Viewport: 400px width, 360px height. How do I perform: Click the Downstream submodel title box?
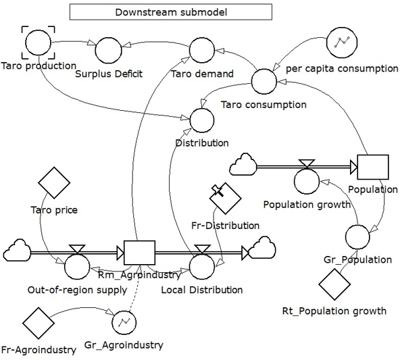171,11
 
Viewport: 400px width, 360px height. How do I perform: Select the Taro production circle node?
39,43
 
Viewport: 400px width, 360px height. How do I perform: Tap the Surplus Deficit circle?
108,50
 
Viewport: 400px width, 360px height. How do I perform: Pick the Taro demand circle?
202,50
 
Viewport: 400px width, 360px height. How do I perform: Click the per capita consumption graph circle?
342,43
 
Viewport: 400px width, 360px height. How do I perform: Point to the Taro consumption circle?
264,81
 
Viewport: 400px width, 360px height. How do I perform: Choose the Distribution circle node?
202,120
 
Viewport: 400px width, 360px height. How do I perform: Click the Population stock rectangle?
373,167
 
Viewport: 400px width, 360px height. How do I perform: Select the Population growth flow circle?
307,181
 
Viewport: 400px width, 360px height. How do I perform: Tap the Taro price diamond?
54,183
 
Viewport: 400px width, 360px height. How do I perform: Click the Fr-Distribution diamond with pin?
225,198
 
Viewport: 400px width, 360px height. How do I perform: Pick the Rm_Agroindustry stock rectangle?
139,253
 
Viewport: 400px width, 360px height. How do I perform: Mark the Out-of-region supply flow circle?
77,266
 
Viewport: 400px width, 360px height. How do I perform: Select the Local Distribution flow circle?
202,266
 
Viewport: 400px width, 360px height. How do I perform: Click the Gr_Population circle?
357,237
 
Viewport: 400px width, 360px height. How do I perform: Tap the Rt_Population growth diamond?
334,284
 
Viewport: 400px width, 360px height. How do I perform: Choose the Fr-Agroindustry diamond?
39,323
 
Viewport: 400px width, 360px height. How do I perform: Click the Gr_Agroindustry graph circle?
124,323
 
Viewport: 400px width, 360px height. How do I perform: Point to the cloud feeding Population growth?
243,164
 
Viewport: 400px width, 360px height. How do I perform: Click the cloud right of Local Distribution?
262,248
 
